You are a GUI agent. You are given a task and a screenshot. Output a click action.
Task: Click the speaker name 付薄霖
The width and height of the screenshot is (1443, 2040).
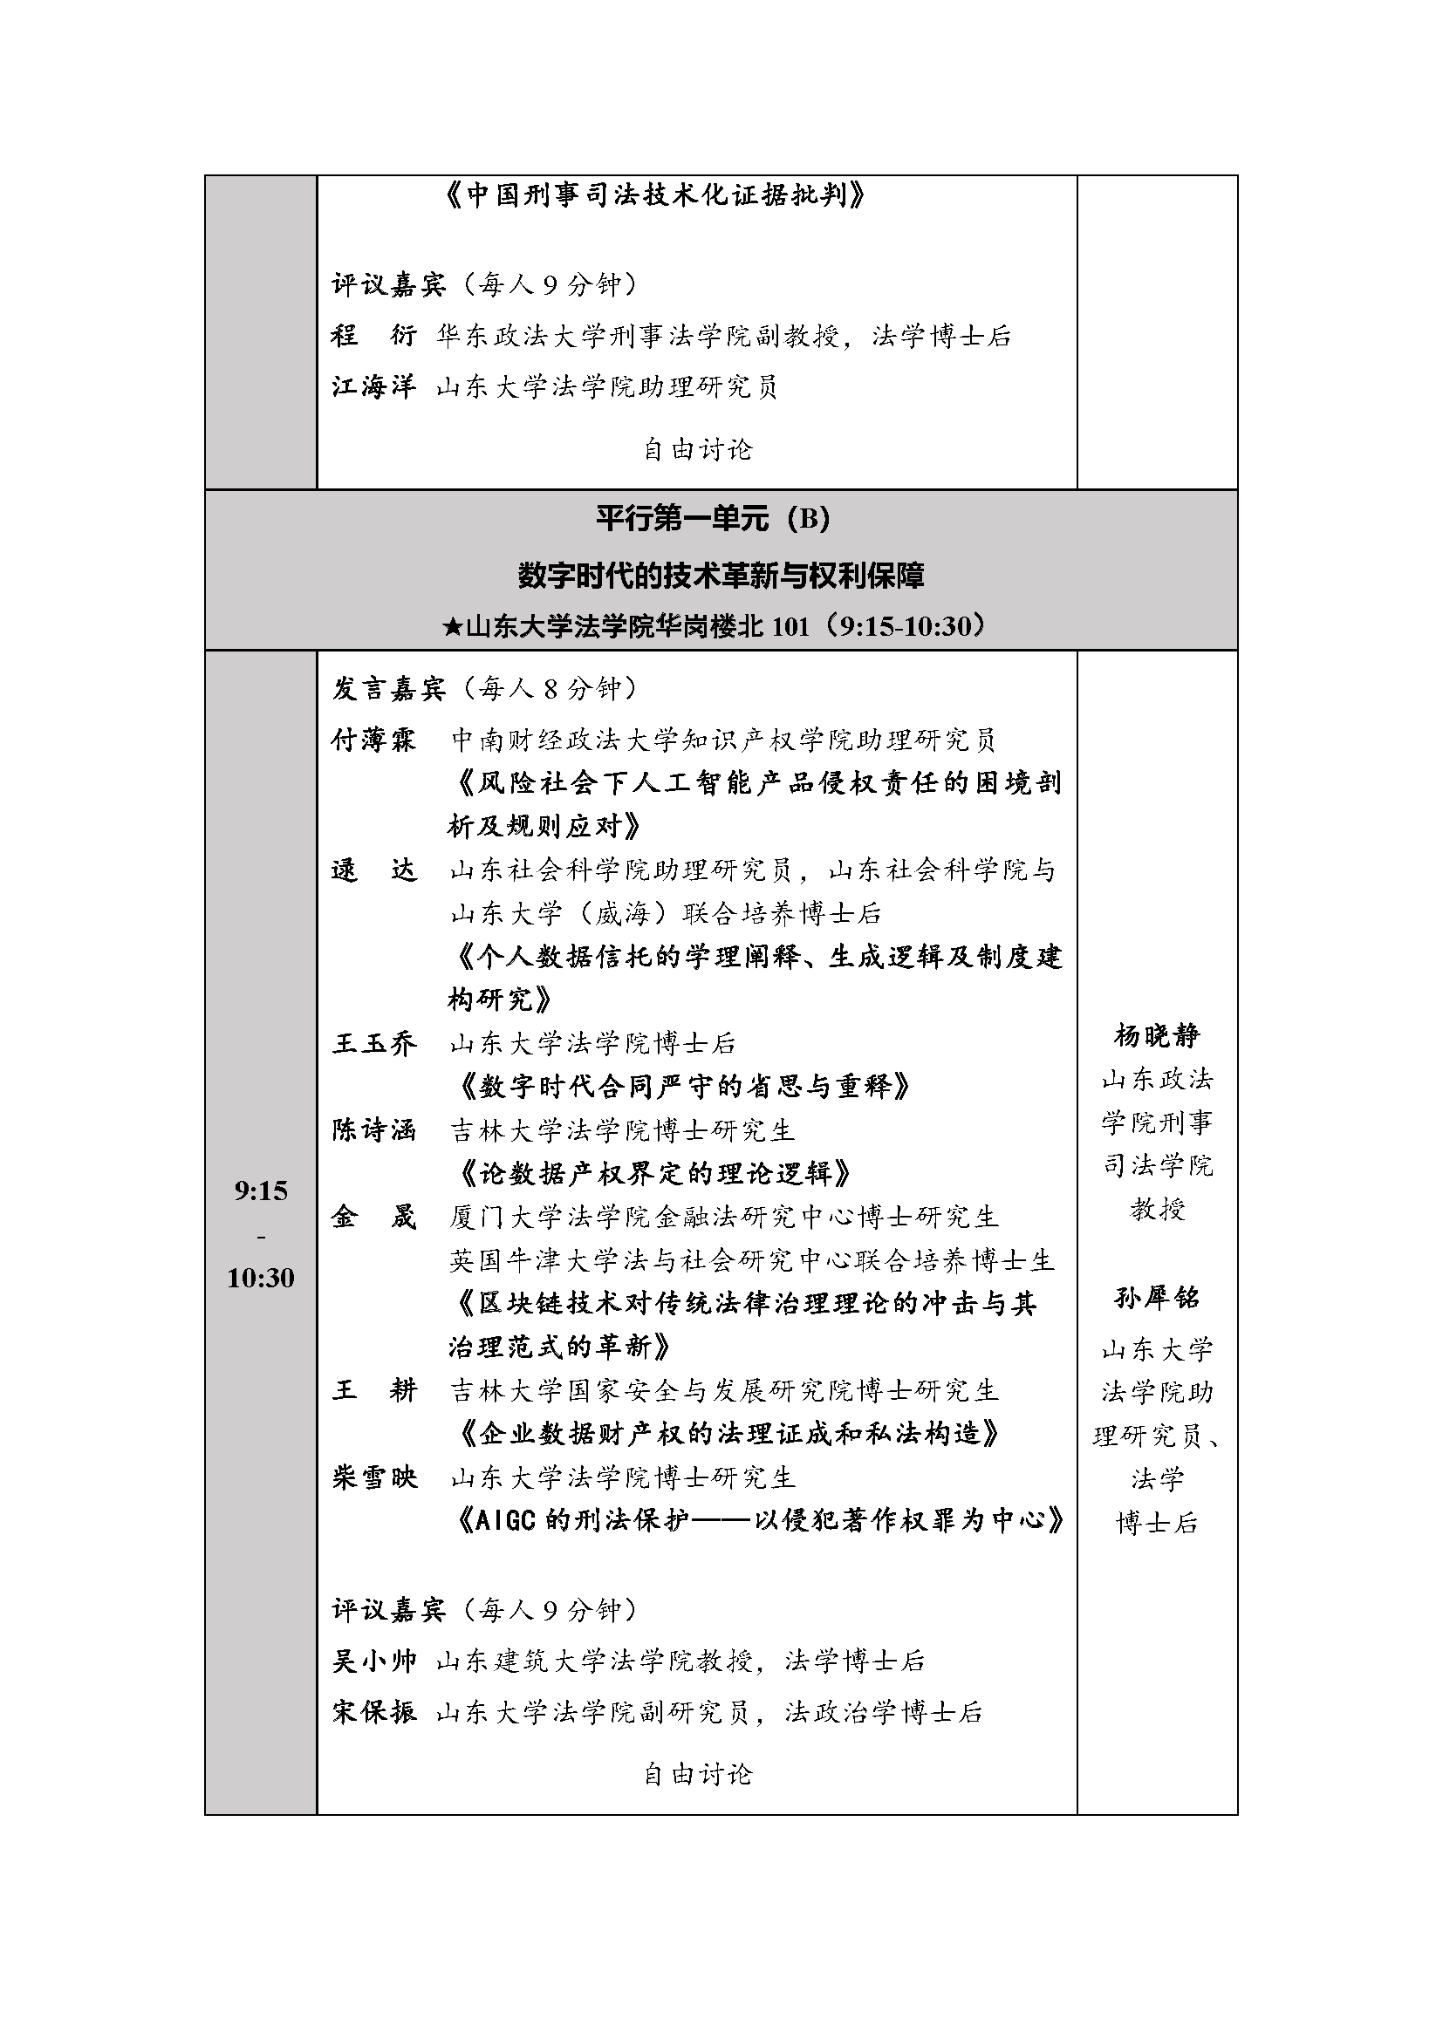click(x=374, y=740)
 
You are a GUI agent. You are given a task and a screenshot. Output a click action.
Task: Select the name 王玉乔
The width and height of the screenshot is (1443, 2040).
click(x=374, y=1043)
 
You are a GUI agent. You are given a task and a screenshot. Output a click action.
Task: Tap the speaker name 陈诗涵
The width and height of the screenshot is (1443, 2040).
click(x=374, y=1130)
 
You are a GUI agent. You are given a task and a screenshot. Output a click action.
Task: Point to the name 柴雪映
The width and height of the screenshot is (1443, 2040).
click(x=374, y=1477)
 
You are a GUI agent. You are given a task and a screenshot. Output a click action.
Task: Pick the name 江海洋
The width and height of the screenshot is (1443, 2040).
click(x=374, y=386)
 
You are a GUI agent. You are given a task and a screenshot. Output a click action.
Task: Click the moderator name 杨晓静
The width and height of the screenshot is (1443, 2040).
click(x=1157, y=1035)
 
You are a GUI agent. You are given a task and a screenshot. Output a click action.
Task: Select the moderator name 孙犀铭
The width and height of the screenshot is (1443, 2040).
click(x=1157, y=1298)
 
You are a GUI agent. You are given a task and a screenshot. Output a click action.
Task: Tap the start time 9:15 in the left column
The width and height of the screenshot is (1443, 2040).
click(x=261, y=1191)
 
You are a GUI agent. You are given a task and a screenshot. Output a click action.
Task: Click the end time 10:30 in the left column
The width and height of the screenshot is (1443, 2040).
click(x=261, y=1278)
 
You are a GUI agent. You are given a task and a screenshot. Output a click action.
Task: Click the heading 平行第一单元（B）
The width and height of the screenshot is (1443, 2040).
click(x=714, y=519)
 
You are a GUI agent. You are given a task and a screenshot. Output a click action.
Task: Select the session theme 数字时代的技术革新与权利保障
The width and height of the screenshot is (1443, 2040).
click(x=721, y=577)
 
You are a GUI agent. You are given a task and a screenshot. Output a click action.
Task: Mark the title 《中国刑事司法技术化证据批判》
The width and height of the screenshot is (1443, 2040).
click(x=653, y=194)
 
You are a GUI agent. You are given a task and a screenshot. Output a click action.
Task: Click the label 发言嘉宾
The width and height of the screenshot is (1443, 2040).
click(x=388, y=687)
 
